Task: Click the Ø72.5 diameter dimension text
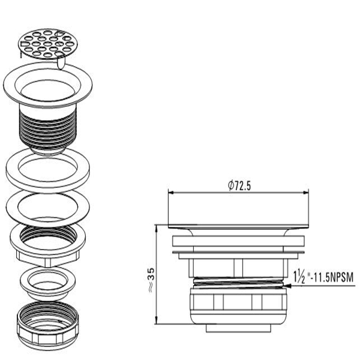tap(239, 185)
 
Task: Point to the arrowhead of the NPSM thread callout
tap(287, 286)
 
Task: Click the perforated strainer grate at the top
tap(48, 44)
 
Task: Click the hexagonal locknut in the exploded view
tap(48, 245)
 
